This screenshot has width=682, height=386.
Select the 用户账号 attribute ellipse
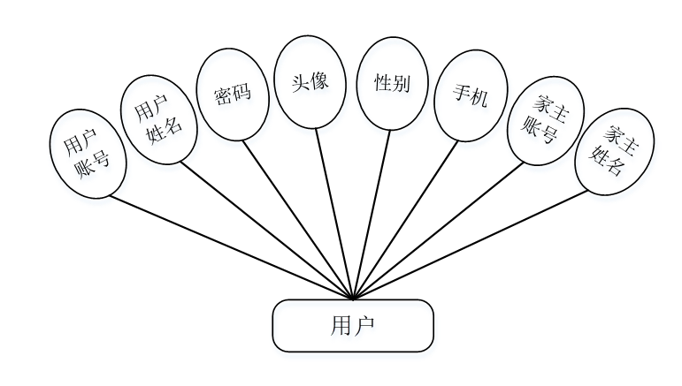(x=88, y=154)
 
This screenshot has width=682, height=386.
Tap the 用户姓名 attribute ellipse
(x=157, y=119)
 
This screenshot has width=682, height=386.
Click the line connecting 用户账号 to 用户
(x=230, y=248)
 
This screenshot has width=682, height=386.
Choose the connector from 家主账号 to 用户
(x=438, y=231)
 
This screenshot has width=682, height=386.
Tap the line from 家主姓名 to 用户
(x=469, y=245)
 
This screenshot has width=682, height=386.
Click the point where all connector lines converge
(x=353, y=299)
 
